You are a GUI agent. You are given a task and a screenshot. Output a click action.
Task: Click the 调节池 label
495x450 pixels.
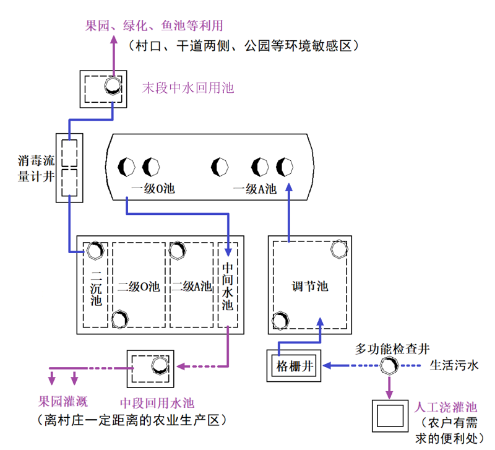point(310,287)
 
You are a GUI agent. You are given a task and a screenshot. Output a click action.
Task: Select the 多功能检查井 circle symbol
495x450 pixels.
point(389,366)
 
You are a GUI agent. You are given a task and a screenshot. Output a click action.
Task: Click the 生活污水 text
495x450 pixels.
point(455,365)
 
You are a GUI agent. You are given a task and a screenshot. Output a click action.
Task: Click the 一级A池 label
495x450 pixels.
point(254,189)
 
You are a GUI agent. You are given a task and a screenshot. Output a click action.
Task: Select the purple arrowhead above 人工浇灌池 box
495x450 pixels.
point(389,394)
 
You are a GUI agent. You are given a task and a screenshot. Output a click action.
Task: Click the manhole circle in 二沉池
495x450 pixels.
point(94,249)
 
